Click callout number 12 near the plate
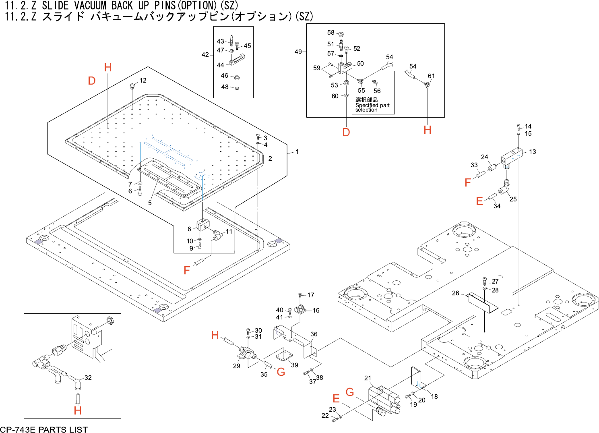143,81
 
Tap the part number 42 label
205,55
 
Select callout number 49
298,52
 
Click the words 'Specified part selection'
372,108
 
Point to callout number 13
533,152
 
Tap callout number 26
456,293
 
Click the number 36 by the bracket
314,334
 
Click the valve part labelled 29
245,353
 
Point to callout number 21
368,378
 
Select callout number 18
434,397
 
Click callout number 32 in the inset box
88,378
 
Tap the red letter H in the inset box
78,410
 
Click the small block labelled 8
203,225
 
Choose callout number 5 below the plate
150,203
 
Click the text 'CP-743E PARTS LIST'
44,429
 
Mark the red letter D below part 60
346,132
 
